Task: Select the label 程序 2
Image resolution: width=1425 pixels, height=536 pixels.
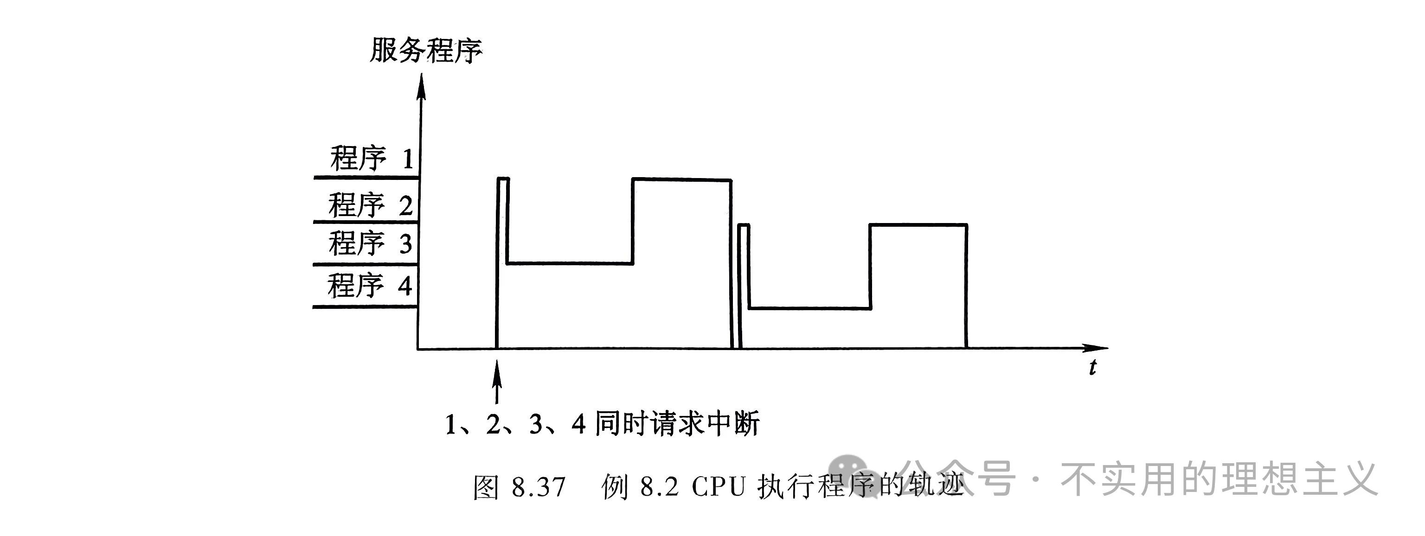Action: tap(370, 205)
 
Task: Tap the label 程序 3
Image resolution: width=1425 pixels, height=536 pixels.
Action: tap(370, 243)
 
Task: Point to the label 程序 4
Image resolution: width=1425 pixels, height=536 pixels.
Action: tap(369, 286)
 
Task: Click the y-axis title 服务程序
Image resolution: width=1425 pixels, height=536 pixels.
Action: tap(425, 51)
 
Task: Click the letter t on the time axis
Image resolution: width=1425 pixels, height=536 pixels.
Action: tap(1092, 368)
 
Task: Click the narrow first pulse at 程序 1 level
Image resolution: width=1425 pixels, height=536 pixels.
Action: tap(503, 179)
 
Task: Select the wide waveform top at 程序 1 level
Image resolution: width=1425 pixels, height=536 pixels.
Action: tap(681, 179)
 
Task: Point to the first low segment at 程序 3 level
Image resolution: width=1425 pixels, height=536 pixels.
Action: tap(570, 263)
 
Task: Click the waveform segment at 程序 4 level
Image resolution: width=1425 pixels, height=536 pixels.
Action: tap(809, 307)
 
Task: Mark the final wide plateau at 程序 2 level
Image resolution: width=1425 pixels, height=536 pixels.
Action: tap(918, 224)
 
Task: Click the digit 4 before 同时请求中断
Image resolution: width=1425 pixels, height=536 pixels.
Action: tap(578, 425)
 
